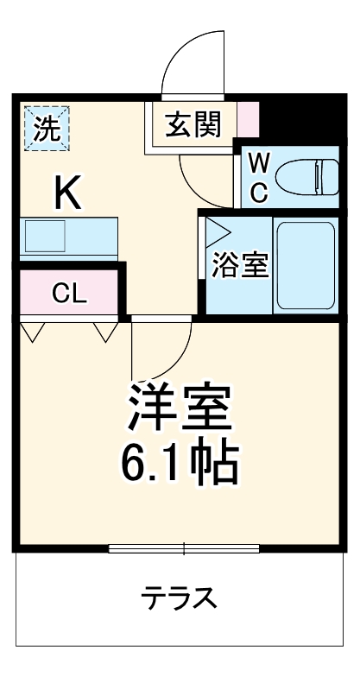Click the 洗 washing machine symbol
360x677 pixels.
click(46, 128)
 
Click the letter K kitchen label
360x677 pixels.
click(68, 193)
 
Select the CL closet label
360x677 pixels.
click(69, 294)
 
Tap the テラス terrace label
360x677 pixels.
click(179, 598)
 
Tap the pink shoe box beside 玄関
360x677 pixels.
click(248, 120)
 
